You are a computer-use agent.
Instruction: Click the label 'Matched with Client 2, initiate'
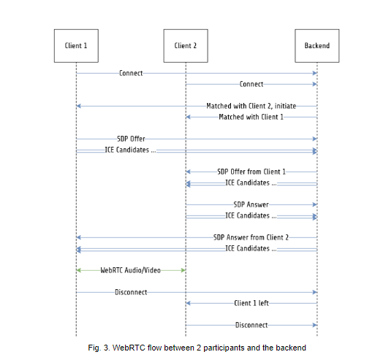pos(251,106)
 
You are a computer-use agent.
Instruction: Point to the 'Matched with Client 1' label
pos(251,117)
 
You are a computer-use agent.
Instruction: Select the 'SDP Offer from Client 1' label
pos(251,172)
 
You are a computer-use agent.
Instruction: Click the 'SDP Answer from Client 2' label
pos(251,237)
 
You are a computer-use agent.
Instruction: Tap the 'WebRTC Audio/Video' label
pos(130,270)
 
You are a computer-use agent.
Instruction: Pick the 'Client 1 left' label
pos(251,303)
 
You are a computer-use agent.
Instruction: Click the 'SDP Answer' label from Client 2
pos(251,204)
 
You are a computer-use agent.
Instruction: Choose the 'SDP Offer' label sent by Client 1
pos(131,139)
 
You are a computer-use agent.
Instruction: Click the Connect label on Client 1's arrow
pos(131,73)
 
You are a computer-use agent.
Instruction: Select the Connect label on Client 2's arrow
pos(251,85)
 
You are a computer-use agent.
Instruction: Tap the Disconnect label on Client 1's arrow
pos(131,292)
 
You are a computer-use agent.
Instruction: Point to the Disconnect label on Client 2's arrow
pos(251,325)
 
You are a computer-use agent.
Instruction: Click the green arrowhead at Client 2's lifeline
pos(183,270)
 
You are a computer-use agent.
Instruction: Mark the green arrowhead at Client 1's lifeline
pos(79,270)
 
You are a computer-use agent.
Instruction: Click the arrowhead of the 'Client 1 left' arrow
pos(188,303)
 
